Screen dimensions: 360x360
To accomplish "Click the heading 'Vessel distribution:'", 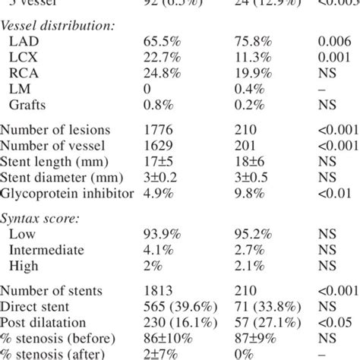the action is (x=58, y=27).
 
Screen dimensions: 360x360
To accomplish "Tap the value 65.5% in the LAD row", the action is (x=161, y=45).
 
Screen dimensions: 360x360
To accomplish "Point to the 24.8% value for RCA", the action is (x=161, y=77).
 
